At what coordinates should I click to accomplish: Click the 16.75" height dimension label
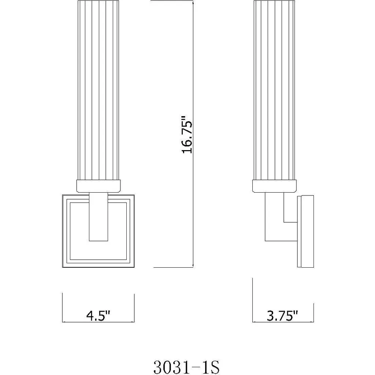point(187,135)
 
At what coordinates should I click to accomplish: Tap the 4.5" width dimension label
point(98,316)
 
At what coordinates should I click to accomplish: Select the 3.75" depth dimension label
point(283,316)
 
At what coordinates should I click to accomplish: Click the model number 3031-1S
point(186,367)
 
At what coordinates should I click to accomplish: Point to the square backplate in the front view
point(66,231)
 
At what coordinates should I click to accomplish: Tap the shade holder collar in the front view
point(98,186)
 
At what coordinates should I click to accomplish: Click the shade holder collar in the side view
point(275,186)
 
